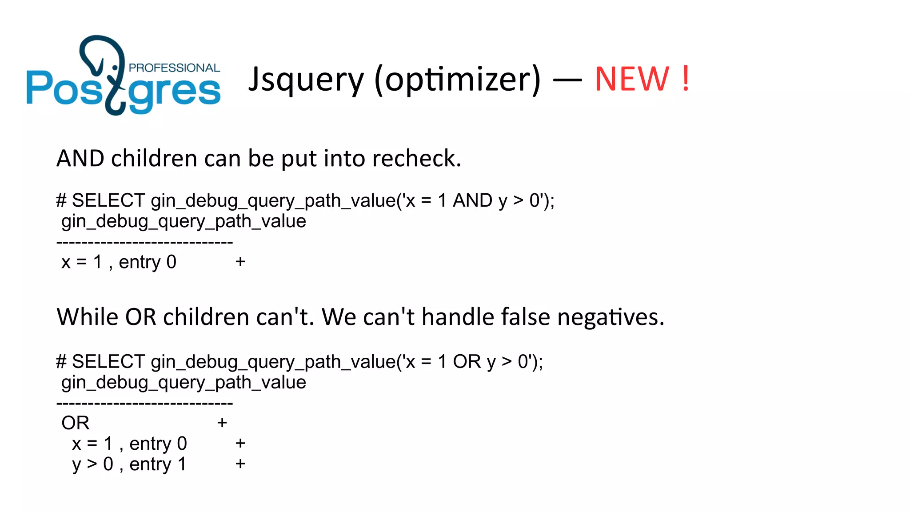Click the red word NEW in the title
coord(631,79)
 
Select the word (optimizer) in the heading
coord(458,80)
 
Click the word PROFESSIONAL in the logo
coord(174,68)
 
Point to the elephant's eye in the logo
coord(116,68)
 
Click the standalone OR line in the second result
coord(76,423)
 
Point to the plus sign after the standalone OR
coord(222,423)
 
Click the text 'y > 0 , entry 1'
coord(129,464)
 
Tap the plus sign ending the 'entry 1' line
coord(240,464)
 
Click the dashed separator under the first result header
coord(145,242)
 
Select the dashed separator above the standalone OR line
coord(145,403)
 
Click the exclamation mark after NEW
coord(686,79)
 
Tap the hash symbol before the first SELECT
coord(61,200)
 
